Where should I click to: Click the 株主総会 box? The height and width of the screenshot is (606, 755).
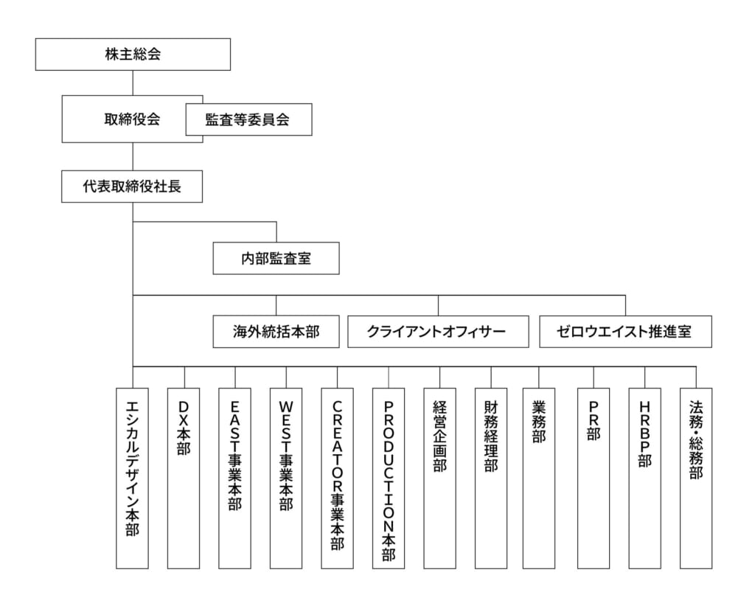coord(133,55)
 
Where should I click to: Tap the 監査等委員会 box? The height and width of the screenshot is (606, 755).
coord(249,119)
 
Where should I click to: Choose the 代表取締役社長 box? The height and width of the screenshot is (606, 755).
coord(132,187)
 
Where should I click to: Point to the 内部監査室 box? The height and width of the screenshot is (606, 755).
coord(276,259)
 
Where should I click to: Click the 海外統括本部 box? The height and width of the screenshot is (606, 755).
coord(276,332)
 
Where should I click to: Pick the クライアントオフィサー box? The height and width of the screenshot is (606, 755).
coord(438,332)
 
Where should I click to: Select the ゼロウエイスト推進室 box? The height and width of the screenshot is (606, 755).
coord(625,332)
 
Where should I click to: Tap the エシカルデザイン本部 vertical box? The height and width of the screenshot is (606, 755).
coord(133,478)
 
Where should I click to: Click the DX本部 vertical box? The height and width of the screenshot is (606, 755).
coord(184,478)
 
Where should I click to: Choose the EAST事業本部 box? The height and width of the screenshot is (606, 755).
coord(235,478)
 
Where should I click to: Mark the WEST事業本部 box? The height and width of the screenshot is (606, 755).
coord(286,478)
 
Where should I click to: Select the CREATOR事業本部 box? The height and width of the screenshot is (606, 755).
coord(337,478)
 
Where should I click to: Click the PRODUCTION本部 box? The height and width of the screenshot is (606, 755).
coord(389,478)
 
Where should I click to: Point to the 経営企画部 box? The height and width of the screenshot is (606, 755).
coord(439,478)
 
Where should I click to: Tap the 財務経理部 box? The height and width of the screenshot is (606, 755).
coord(491,478)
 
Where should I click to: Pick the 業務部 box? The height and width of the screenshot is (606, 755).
coord(539,478)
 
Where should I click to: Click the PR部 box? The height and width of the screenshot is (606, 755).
coord(594,478)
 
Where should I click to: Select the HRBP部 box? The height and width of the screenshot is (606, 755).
coord(644,478)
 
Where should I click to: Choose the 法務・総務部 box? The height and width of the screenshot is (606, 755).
coord(696,478)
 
